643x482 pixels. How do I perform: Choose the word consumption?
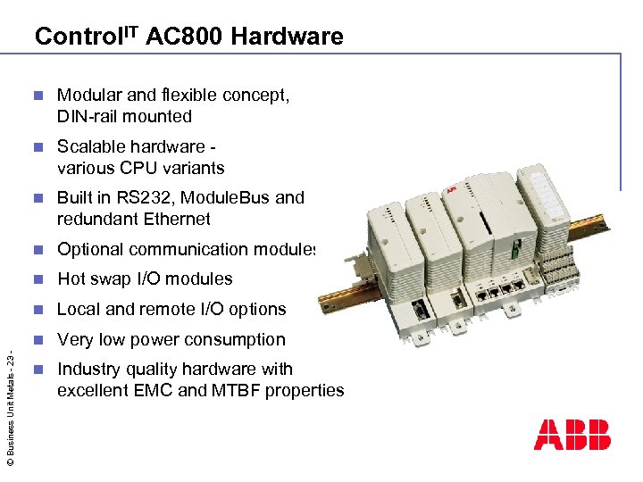[x=233, y=339]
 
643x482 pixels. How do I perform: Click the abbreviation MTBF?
[x=228, y=390]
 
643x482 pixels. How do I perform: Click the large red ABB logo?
[x=572, y=434]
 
